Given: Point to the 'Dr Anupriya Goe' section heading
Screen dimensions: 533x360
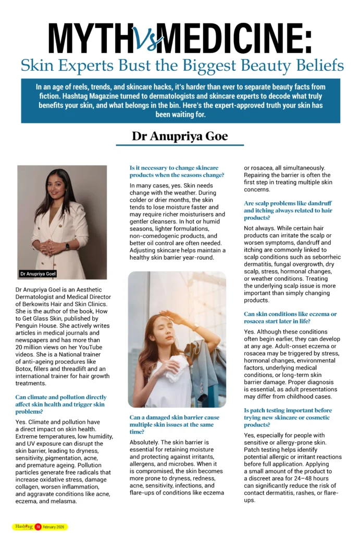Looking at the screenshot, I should (180, 136).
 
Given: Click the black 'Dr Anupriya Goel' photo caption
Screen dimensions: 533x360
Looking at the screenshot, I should (38, 274).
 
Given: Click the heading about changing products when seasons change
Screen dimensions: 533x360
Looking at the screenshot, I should (177, 171).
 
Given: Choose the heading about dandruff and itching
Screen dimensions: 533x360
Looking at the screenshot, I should (288, 210).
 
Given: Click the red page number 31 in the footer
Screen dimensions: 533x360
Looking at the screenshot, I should (38, 527).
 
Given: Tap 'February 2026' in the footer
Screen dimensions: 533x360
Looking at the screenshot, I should (54, 527).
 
